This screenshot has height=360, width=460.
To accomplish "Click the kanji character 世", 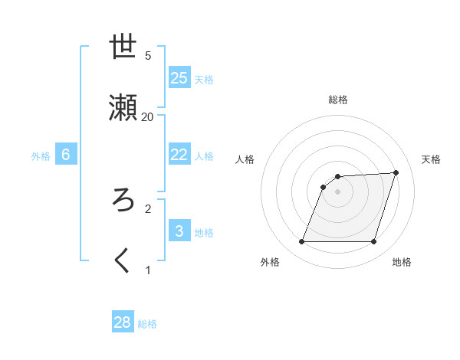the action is (123, 47).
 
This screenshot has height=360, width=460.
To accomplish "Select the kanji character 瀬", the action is (123, 108).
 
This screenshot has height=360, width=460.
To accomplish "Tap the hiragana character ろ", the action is (123, 200).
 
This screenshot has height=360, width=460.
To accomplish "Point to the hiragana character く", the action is (123, 261).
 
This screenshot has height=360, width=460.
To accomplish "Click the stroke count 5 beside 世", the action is (148, 55).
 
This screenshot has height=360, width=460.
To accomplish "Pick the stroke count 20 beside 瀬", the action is (148, 116).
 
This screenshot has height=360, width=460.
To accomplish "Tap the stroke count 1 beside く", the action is (148, 270).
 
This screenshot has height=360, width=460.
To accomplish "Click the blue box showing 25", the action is (179, 78).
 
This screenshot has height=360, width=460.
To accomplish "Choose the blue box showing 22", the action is (179, 154).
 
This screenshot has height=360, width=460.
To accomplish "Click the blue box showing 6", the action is (66, 155).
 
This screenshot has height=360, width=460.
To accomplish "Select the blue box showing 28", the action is (123, 322).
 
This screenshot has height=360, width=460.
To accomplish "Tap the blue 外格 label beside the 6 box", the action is (41, 156).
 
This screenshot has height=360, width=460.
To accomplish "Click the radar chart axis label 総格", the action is (338, 100).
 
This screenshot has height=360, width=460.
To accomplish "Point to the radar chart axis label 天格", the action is (431, 159).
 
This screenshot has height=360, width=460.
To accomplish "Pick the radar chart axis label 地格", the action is (402, 263).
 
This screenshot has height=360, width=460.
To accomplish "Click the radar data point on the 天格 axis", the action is (396, 172).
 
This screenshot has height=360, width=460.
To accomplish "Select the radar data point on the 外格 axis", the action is (302, 242).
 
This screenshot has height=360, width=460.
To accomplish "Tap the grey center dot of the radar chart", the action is (338, 191).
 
